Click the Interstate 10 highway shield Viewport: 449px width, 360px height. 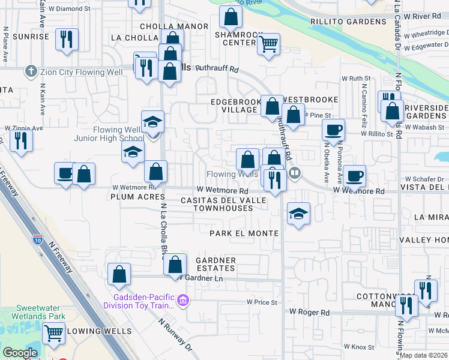pyautogui.click(x=38, y=241)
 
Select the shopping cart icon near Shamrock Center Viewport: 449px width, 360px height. pyautogui.click(x=268, y=44)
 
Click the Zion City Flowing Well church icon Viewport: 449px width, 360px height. pyautogui.click(x=31, y=72)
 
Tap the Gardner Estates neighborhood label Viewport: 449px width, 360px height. pyautogui.click(x=215, y=264)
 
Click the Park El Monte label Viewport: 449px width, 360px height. pyautogui.click(x=244, y=233)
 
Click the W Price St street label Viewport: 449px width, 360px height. pyautogui.click(x=262, y=302)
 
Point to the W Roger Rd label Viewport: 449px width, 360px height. pyautogui.click(x=310, y=312)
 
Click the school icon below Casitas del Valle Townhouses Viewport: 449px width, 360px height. pyautogui.click(x=298, y=214)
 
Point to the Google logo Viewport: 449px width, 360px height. pyautogui.click(x=20, y=353)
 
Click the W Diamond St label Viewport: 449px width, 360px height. pyautogui.click(x=84, y=9)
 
